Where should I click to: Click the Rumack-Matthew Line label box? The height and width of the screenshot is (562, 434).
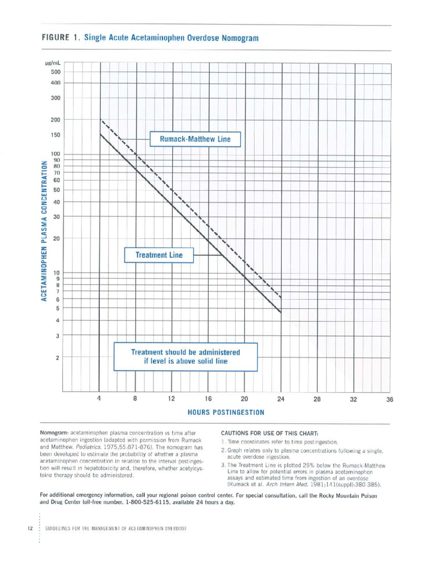pyautogui.click(x=195, y=139)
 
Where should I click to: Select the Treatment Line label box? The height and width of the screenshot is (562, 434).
pyautogui.click(x=159, y=255)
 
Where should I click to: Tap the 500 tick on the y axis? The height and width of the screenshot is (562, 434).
pyautogui.click(x=56, y=72)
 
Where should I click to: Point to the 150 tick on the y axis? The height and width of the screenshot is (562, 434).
pyautogui.click(x=56, y=135)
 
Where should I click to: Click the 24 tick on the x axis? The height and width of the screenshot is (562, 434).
pyautogui.click(x=281, y=399)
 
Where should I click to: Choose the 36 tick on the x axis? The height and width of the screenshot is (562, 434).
pyautogui.click(x=390, y=400)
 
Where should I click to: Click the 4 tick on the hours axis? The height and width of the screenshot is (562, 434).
pyautogui.click(x=99, y=399)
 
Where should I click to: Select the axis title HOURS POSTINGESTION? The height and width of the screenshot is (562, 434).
pyautogui.click(x=226, y=413)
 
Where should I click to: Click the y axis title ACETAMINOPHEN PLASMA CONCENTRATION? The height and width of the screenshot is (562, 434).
pyautogui.click(x=44, y=231)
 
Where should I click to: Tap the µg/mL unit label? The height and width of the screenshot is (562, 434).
pyautogui.click(x=53, y=63)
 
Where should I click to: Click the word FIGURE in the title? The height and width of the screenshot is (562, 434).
pyautogui.click(x=55, y=38)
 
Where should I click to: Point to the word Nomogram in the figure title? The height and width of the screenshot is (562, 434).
pyautogui.click(x=240, y=38)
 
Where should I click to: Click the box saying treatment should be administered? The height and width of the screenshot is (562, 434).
pyautogui.click(x=186, y=357)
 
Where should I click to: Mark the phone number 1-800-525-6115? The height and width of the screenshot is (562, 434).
pyautogui.click(x=148, y=503)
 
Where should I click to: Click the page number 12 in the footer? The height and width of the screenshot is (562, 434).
pyautogui.click(x=30, y=528)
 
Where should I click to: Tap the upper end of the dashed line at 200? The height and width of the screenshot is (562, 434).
pyautogui.click(x=101, y=120)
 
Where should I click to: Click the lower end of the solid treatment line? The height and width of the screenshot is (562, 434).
pyautogui.click(x=281, y=312)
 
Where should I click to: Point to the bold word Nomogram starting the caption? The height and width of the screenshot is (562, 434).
pyautogui.click(x=54, y=433)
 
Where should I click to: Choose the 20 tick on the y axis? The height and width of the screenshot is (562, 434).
pyautogui.click(x=56, y=239)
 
